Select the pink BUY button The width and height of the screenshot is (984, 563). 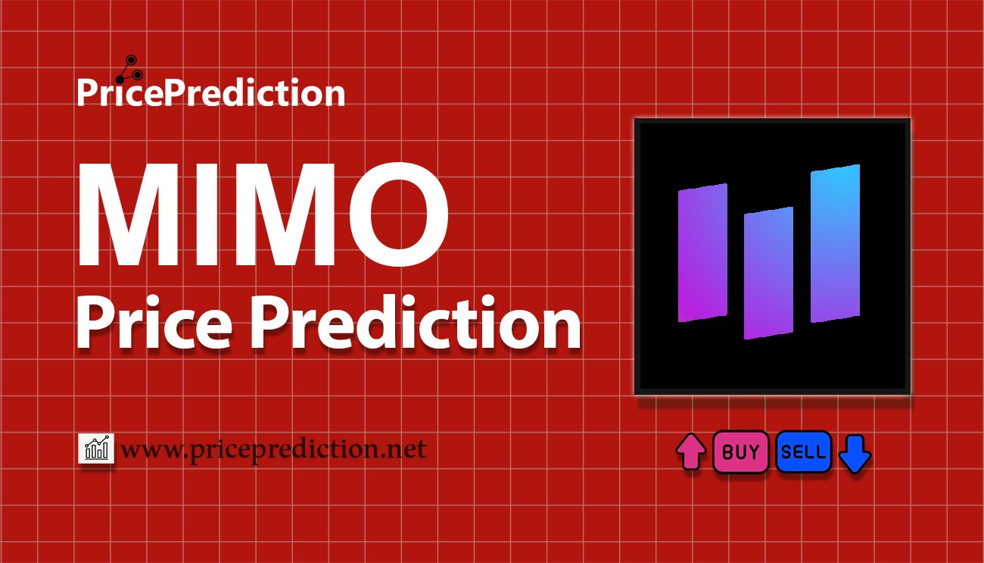(740, 452)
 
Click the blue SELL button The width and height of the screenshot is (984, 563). (803, 452)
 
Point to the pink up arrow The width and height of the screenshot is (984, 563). (690, 452)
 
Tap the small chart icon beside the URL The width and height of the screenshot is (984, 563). (96, 449)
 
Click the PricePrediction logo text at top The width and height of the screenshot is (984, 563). (210, 93)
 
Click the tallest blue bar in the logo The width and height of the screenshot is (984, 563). (835, 243)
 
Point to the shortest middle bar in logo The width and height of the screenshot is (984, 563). (768, 273)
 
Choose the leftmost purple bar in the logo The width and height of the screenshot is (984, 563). (702, 252)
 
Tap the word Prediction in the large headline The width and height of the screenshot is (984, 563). (416, 324)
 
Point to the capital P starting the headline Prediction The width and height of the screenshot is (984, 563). (268, 324)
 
